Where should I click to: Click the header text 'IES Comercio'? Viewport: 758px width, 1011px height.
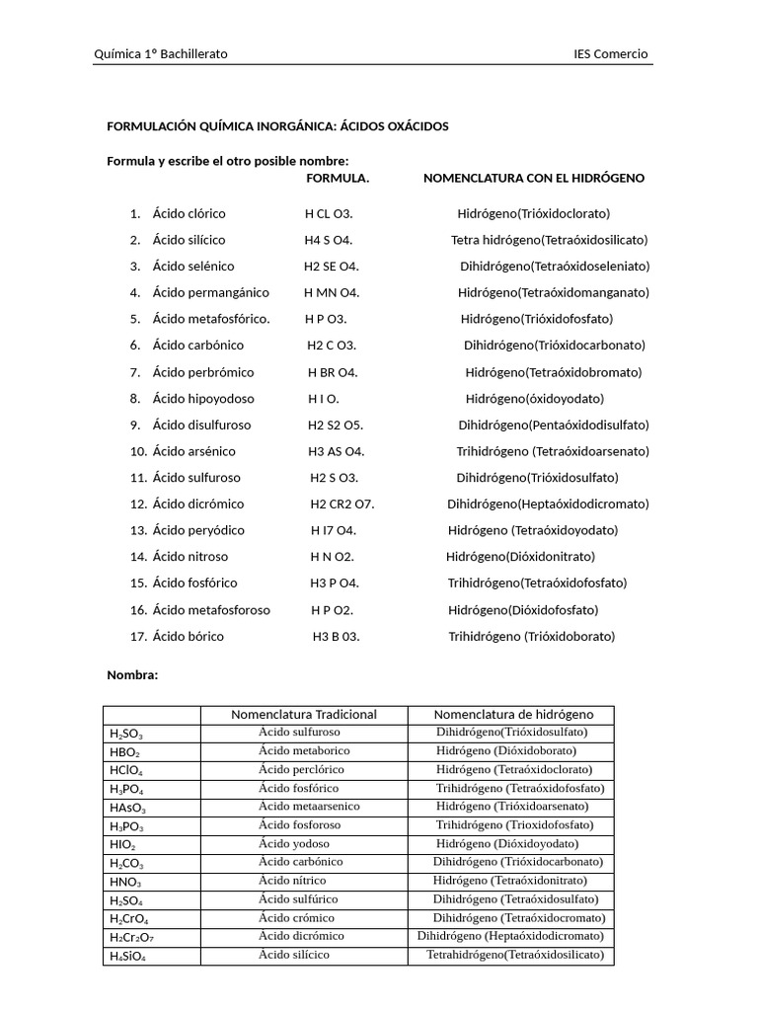click(x=611, y=54)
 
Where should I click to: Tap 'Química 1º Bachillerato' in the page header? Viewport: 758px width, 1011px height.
click(x=160, y=54)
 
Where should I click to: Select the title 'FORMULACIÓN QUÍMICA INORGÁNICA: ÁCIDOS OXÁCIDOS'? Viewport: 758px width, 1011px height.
click(x=277, y=126)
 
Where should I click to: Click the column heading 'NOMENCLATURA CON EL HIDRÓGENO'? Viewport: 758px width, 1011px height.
click(x=534, y=178)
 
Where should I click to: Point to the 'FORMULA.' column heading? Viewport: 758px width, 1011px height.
click(x=338, y=178)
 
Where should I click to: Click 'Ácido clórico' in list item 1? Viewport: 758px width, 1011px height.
click(x=189, y=213)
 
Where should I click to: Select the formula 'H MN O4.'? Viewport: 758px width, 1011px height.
click(x=332, y=292)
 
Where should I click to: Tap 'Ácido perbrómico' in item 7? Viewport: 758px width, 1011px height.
click(x=203, y=372)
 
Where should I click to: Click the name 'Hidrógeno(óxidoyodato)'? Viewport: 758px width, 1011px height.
click(x=534, y=399)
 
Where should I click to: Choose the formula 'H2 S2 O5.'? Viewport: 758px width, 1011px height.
click(x=335, y=426)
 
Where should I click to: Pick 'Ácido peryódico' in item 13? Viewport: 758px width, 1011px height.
click(x=198, y=530)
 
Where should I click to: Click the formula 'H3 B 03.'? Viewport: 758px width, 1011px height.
click(x=336, y=637)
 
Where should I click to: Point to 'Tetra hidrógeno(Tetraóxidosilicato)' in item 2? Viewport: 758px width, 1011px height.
click(x=550, y=240)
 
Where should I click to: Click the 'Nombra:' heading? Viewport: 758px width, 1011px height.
click(x=132, y=675)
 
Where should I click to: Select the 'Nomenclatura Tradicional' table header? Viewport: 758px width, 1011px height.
click(x=304, y=715)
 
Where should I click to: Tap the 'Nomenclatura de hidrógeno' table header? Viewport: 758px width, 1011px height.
click(x=513, y=715)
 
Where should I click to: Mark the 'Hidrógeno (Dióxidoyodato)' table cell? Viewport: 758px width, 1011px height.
click(x=507, y=844)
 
